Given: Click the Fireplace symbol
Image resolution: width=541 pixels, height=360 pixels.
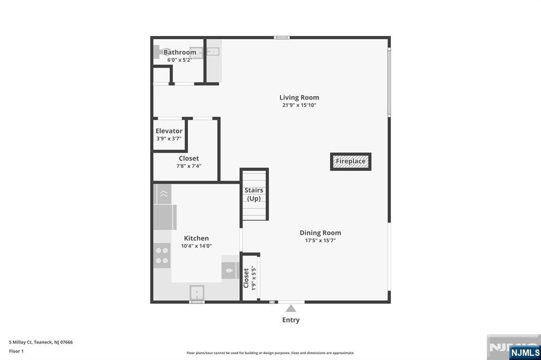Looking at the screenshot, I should coord(351,162).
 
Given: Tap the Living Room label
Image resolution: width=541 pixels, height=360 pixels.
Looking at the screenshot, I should coord(299,97).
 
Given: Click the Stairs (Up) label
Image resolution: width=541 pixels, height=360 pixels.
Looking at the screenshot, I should coord(254,194).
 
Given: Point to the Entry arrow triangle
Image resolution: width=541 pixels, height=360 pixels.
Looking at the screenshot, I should coord(291,308).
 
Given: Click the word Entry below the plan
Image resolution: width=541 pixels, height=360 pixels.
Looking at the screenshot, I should coord(291,320).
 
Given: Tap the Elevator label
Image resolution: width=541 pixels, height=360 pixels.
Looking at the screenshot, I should coord(169,131).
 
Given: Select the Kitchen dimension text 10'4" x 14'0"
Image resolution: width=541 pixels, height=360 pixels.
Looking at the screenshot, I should coord(197,245).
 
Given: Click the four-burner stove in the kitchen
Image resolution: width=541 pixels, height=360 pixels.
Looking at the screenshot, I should coord(162,255).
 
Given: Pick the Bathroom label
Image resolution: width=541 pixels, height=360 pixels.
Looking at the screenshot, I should coord(180,52).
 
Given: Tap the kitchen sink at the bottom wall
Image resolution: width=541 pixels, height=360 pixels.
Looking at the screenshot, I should coord(197,292).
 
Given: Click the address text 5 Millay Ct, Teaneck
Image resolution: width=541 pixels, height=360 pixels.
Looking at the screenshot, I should coord(41,342).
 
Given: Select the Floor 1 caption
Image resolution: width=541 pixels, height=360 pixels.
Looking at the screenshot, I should coord(16,351).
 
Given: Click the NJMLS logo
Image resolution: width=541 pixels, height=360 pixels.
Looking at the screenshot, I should coord(525,352).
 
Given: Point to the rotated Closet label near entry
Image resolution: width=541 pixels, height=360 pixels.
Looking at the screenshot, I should coord(246,278).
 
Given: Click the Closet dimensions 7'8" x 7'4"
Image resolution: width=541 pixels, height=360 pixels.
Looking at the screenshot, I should coord(189,166).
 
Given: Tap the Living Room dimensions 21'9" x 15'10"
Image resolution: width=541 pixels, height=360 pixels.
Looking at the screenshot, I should coord(299,105).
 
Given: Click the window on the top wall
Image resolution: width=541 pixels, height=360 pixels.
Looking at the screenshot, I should coord(282,37).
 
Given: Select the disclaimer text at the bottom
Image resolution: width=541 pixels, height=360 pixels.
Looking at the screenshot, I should coord(270,353).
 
